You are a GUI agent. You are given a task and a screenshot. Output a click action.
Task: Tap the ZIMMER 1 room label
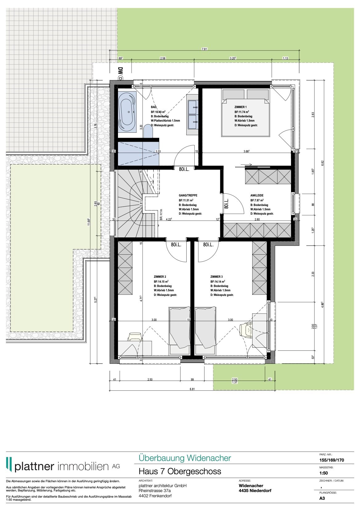[x=241, y=107]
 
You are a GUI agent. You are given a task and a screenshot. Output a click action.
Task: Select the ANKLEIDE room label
[x=257, y=195]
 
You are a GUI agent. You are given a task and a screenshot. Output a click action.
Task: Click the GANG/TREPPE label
[x=188, y=195]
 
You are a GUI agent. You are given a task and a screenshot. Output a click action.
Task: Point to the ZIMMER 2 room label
[x=160, y=277]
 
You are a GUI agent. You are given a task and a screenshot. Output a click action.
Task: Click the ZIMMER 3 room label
[x=216, y=277]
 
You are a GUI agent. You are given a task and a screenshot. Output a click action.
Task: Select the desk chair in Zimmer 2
[x=135, y=336]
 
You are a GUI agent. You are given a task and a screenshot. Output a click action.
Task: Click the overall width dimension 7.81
[x=204, y=49]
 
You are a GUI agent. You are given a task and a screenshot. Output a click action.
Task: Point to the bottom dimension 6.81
[x=192, y=389]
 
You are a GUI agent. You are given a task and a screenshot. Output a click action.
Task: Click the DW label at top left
[x=120, y=71]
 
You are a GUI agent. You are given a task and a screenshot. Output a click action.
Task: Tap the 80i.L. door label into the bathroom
[x=184, y=169]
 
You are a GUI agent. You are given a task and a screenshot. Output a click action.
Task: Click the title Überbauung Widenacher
[x=184, y=458]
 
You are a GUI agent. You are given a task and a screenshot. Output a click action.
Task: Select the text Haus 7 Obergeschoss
[x=180, y=471]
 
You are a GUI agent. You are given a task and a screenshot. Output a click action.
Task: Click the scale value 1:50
[x=324, y=473]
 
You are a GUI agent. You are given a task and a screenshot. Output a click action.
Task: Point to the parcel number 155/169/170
[x=332, y=460]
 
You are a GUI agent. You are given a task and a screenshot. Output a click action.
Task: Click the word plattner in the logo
[x=34, y=466]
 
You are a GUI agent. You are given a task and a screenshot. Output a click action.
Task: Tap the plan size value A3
[x=322, y=498]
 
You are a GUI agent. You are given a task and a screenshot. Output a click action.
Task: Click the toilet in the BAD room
[x=148, y=132]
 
